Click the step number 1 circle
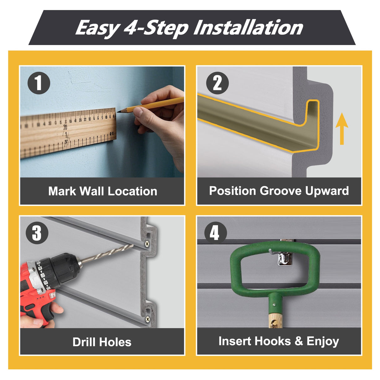click(39, 83)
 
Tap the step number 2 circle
click(217, 83)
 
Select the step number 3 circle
click(37, 233)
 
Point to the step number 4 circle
click(215, 233)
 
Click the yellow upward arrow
click(342, 128)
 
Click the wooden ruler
click(67, 131)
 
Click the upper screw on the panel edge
click(147, 244)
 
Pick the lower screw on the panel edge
click(148, 319)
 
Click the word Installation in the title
click(248, 28)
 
